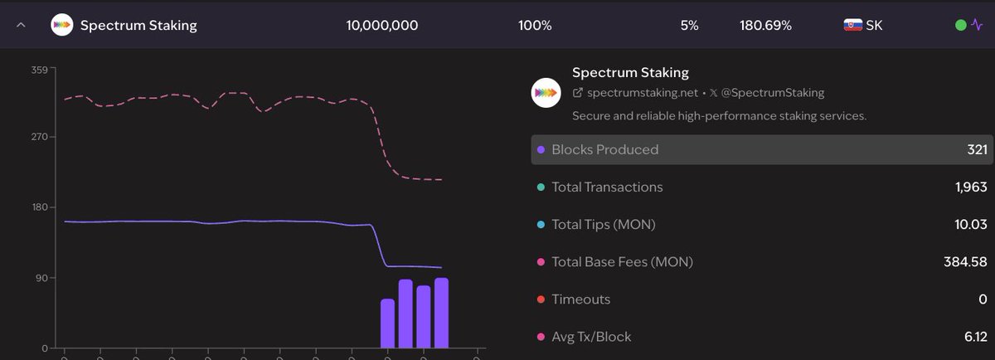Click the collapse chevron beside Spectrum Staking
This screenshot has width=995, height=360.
tap(22, 25)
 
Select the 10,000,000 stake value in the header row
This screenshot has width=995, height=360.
tap(381, 25)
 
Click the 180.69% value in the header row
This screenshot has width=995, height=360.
tap(765, 25)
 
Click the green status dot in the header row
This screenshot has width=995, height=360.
tap(960, 25)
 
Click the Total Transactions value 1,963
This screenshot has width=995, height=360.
tap(971, 187)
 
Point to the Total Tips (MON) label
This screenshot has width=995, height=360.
tap(609, 225)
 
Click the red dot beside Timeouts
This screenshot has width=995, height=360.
tap(541, 299)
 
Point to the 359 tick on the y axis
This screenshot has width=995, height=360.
tap(39, 70)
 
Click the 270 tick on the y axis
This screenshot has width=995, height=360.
tap(39, 137)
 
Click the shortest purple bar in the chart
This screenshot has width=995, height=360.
tap(387, 324)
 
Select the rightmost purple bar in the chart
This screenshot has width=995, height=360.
tap(441, 314)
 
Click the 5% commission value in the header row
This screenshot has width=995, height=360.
tap(689, 25)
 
